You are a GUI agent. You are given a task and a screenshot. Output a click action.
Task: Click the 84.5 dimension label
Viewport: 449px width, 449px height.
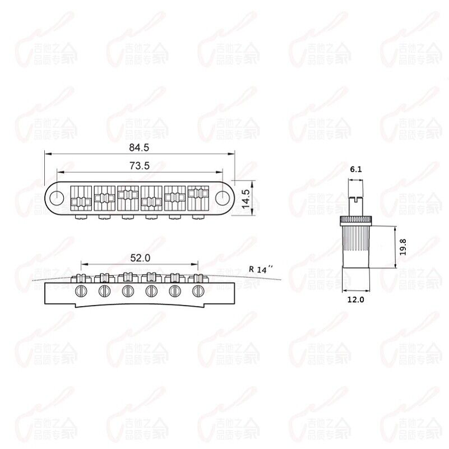coord(138,148)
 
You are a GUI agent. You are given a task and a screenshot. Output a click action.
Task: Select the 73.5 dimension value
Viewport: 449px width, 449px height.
coord(138,166)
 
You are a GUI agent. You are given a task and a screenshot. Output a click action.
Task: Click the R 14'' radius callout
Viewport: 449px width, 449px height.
coord(260,269)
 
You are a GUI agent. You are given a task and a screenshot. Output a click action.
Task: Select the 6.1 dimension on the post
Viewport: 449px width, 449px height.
coord(355,169)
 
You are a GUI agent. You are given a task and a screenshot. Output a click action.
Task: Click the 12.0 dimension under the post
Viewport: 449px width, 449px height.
coord(355,300)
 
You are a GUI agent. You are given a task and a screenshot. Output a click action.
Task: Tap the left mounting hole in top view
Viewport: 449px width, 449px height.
coord(56,197)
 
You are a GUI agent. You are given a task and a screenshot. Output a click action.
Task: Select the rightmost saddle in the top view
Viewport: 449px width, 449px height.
coord(197,197)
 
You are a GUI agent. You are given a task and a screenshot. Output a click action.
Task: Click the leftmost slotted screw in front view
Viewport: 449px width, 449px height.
coord(81,290)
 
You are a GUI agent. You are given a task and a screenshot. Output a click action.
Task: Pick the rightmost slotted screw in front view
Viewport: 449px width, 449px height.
coord(197,290)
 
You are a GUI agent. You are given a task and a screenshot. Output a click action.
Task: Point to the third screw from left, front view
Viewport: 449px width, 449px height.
coord(128,290)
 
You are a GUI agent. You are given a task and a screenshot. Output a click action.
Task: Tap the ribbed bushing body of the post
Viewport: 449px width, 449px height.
coord(355,239)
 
